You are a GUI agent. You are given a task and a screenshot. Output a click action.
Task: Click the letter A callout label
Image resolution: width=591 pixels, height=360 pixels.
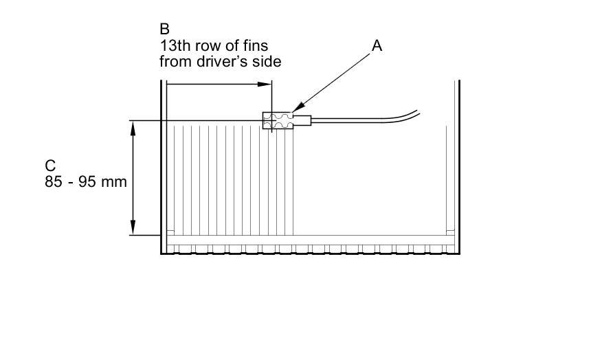(x=377, y=45)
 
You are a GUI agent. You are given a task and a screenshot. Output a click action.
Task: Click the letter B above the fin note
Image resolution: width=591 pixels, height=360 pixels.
(x=164, y=29)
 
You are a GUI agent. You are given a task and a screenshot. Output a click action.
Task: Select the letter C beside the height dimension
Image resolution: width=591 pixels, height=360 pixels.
(x=50, y=166)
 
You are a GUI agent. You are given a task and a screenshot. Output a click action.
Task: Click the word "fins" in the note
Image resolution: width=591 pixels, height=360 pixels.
(x=254, y=45)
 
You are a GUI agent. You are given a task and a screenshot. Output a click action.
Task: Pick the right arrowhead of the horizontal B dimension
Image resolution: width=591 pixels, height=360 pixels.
(x=265, y=85)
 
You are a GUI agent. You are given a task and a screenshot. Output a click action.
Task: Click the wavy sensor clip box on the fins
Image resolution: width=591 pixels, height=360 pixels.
(x=278, y=120)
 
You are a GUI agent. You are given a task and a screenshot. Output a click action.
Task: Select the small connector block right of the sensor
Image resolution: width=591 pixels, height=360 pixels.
(x=303, y=121)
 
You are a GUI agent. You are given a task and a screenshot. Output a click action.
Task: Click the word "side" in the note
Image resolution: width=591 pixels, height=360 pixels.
(x=268, y=61)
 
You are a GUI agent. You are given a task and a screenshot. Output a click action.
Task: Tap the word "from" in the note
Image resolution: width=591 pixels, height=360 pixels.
(x=175, y=61)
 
